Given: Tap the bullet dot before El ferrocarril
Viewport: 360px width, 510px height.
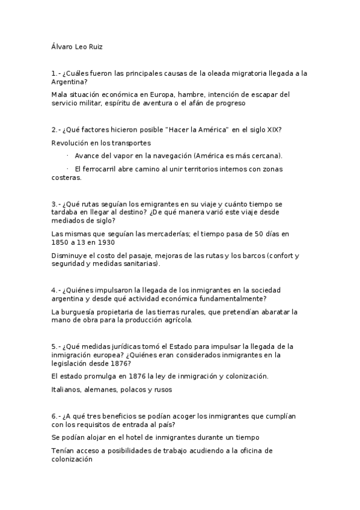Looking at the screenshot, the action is point(68,168).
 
